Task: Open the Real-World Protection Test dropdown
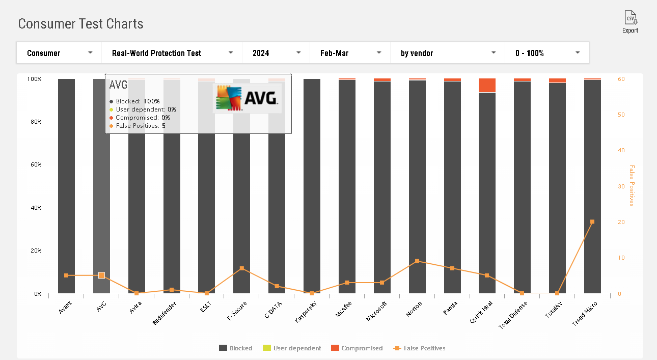(172, 53)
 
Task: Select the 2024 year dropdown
(276, 53)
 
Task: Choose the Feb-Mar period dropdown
(350, 53)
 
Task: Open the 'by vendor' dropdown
(448, 53)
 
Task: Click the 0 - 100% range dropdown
(547, 53)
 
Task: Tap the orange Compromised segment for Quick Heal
(487, 86)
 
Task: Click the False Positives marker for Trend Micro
(592, 222)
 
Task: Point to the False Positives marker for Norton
(417, 261)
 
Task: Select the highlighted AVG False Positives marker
(101, 275)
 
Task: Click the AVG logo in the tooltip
(247, 98)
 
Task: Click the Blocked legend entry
(235, 348)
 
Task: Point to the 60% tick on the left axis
(34, 165)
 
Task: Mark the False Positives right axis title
(632, 186)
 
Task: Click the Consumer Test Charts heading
(80, 24)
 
